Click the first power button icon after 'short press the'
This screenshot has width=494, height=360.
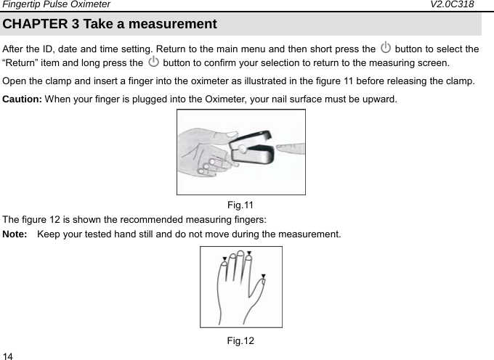(385, 49)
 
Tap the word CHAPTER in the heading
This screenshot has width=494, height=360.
(35, 24)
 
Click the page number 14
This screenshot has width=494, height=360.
(8, 355)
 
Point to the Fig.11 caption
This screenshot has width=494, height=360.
(240, 205)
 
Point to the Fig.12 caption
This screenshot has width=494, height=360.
(240, 340)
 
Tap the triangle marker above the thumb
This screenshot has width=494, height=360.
(263, 277)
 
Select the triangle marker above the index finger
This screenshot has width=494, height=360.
(249, 253)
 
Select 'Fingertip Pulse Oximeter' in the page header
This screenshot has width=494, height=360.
(56, 5)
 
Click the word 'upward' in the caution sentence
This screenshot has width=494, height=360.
(378, 98)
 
